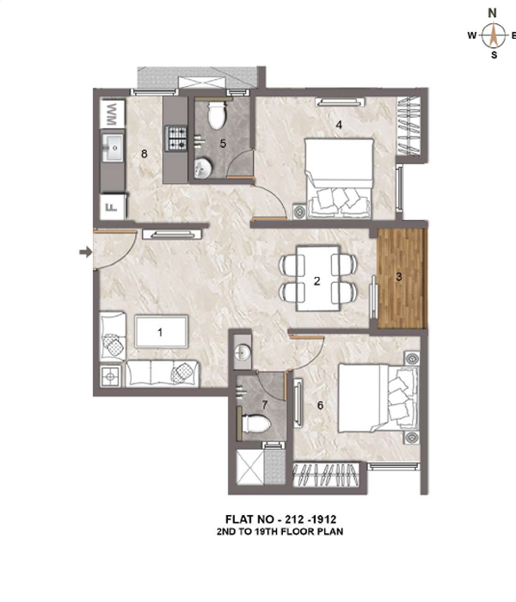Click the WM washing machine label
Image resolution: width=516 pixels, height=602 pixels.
pos(112,114)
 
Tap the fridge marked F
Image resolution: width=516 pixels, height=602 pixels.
pos(113,207)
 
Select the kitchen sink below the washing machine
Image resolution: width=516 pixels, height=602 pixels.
pos(113,147)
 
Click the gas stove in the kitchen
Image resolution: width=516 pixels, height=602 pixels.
pos(176,138)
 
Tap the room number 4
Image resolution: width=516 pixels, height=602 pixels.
pos(339,125)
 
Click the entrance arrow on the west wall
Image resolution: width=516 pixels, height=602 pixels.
pos(86,252)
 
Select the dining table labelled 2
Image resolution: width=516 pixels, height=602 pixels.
pos(318,278)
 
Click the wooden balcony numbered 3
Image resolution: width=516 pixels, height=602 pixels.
pos(402,279)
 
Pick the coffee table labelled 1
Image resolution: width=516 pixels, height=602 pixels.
pos(162,332)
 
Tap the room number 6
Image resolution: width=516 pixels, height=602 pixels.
pos(320,405)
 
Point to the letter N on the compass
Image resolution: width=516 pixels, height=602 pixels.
pos(492,14)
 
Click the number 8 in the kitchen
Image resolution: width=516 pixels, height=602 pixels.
pos(144,154)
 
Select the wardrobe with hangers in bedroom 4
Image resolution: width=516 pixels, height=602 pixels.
pos(408,126)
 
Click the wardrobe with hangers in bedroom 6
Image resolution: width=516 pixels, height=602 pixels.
pos(326,475)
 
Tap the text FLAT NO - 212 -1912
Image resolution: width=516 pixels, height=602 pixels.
pos(280,519)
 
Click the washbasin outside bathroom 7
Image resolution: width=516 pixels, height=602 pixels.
pos(243,352)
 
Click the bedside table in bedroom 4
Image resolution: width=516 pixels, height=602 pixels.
pos(299,211)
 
